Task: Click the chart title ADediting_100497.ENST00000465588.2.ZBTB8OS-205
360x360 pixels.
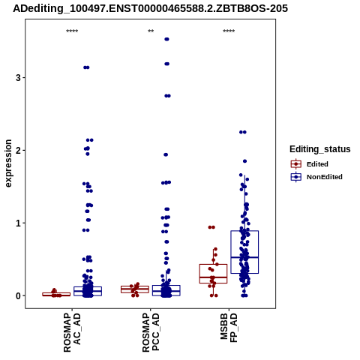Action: (x=151, y=9)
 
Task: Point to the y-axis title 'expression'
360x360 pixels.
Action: (x=8, y=163)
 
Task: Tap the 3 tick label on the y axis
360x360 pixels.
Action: (x=18, y=78)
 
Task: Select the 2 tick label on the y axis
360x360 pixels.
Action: (x=18, y=150)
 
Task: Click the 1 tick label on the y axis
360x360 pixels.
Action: (x=18, y=223)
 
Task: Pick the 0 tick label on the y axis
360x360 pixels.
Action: (x=18, y=295)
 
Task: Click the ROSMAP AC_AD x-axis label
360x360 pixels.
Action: (x=72, y=332)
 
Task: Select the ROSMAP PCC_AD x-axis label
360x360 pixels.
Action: (x=151, y=332)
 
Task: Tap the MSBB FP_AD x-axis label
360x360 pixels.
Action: (x=229, y=328)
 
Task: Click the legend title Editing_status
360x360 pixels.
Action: (x=320, y=149)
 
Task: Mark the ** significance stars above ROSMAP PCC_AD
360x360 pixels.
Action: (x=151, y=31)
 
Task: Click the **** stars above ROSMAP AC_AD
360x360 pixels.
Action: (x=72, y=31)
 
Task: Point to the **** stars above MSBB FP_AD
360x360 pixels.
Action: (x=229, y=31)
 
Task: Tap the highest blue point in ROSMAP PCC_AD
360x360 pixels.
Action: (x=166, y=39)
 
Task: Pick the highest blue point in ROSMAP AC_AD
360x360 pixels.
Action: (x=86, y=67)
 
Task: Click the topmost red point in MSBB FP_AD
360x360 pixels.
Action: (x=211, y=227)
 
